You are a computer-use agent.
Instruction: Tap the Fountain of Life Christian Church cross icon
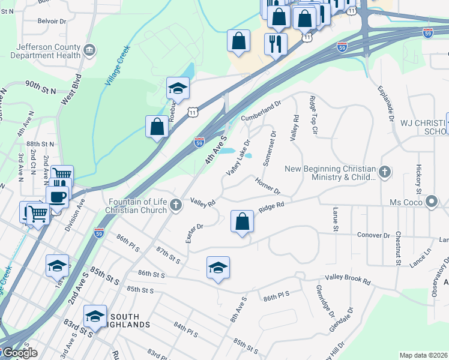(176, 205)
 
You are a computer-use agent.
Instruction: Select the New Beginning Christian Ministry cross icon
(384, 173)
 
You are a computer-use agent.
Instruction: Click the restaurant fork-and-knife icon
(276, 44)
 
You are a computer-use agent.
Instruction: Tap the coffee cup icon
(57, 196)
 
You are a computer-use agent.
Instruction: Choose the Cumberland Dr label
(261, 112)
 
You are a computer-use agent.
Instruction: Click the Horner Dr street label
(268, 186)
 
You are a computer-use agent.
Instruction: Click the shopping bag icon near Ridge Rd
(241, 221)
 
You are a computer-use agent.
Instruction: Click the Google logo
(19, 353)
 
